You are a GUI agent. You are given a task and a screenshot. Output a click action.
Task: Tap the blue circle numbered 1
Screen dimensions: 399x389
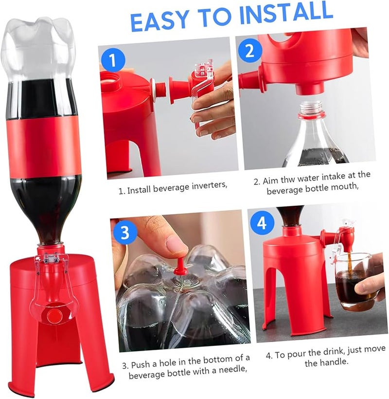113,60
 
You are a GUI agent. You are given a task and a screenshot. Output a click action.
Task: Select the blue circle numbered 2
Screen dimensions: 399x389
250,51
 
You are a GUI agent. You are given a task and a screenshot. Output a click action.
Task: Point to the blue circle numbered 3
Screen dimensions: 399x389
125,232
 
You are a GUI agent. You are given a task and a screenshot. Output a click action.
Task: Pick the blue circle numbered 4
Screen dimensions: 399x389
262,223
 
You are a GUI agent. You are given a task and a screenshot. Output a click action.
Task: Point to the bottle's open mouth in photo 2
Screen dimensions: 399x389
311,108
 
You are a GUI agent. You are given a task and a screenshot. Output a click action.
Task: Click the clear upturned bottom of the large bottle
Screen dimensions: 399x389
39,44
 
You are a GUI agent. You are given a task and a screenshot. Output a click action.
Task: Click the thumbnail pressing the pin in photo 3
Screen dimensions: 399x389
176,244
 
